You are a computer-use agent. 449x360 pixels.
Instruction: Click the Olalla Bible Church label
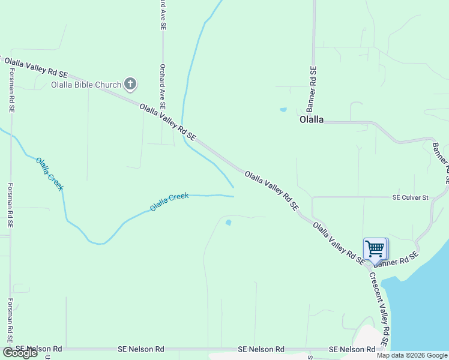pyautogui.click(x=86, y=85)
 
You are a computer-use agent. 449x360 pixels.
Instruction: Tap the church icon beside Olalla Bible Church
pyautogui.click(x=130, y=84)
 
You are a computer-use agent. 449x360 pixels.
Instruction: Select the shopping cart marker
pyautogui.click(x=375, y=248)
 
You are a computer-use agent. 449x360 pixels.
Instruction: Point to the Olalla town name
pyautogui.click(x=312, y=119)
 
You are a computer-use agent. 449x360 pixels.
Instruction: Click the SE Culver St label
pyautogui.click(x=411, y=197)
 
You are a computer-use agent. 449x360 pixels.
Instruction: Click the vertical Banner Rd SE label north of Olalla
pyautogui.click(x=312, y=88)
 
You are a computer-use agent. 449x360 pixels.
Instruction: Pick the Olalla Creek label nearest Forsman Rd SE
pyautogui.click(x=49, y=174)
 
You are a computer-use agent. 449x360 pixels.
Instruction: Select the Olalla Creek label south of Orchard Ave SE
pyautogui.click(x=169, y=201)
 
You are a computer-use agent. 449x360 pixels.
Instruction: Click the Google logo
pyautogui.click(x=20, y=353)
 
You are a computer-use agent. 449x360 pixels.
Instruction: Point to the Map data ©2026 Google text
pyautogui.click(x=412, y=355)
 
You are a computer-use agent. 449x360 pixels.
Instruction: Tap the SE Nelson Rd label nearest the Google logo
pyautogui.click(x=39, y=349)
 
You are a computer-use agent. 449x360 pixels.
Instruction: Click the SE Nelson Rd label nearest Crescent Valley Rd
pyautogui.click(x=352, y=349)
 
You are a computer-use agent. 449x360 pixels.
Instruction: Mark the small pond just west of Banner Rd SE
pyautogui.click(x=283, y=110)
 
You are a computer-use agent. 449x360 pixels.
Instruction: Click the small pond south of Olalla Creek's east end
pyautogui.click(x=228, y=223)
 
